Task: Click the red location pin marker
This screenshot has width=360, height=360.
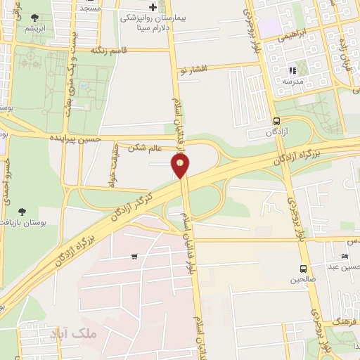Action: (x=181, y=166)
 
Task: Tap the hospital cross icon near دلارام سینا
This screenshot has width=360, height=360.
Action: (x=153, y=6)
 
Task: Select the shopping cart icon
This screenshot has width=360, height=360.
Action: (x=134, y=256)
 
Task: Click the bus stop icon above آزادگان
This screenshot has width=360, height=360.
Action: (x=276, y=120)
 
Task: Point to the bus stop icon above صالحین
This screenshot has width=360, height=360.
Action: (x=304, y=269)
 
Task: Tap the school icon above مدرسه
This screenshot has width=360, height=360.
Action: (x=292, y=70)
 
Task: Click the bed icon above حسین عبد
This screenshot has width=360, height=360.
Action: (x=344, y=255)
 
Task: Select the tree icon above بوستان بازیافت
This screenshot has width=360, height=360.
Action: (x=23, y=211)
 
